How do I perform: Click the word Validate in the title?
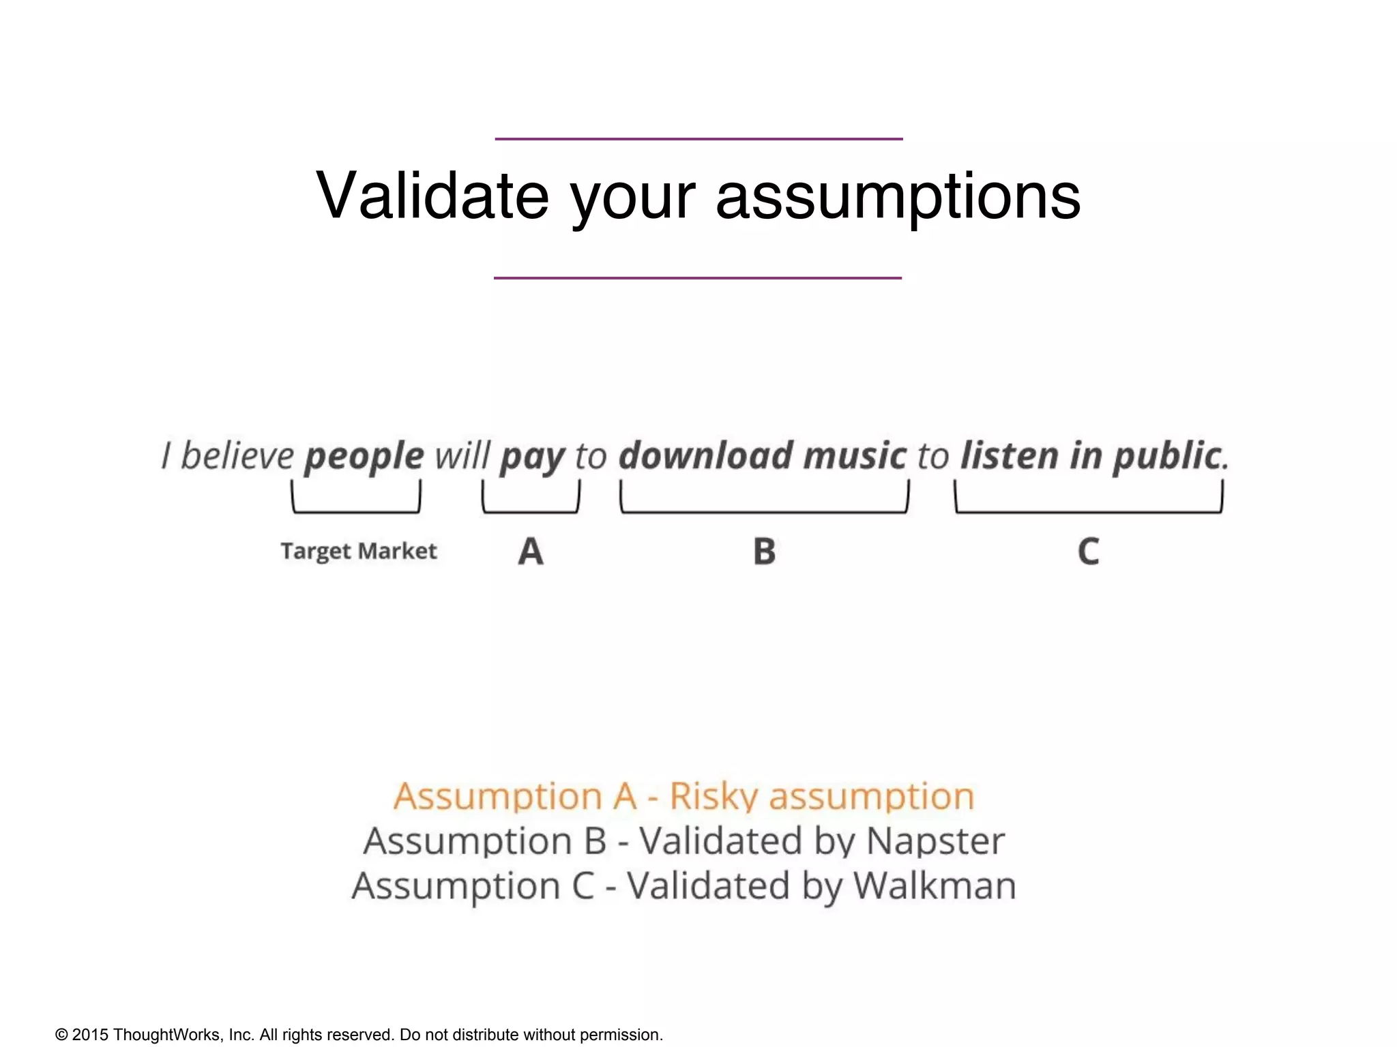432,196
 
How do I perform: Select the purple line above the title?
698,139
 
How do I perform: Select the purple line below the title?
698,278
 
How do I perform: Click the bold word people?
364,457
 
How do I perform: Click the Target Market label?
359,551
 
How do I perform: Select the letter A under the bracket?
531,551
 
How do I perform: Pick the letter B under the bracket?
765,551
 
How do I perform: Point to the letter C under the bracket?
1089,551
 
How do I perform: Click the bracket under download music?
764,510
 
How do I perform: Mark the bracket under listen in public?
1089,510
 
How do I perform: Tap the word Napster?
935,841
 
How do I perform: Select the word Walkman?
935,886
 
